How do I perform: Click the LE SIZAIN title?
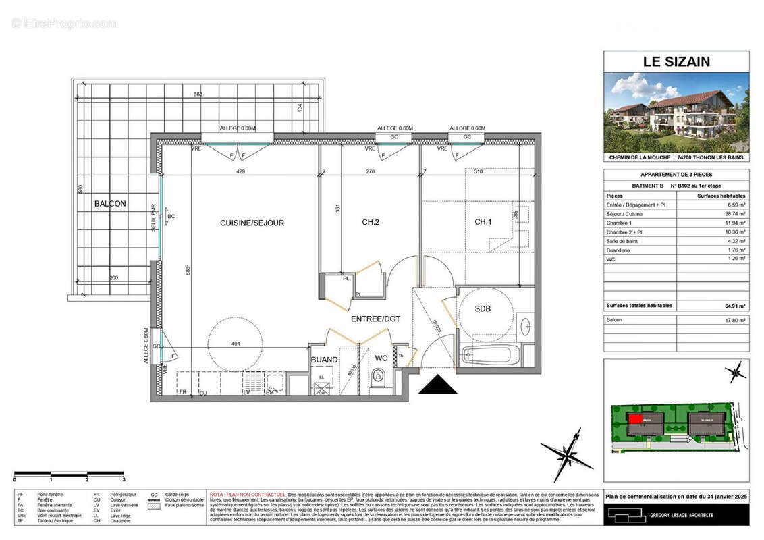click(x=676, y=62)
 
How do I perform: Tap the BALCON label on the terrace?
click(x=110, y=203)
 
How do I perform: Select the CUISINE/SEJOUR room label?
click(x=252, y=223)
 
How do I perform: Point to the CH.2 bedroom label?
click(x=370, y=222)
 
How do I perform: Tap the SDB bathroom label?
click(x=483, y=308)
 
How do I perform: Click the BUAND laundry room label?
click(x=324, y=360)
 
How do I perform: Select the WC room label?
click(x=381, y=358)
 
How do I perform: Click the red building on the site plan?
click(x=635, y=418)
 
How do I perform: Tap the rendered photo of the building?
click(x=676, y=112)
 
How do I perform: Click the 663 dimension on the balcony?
click(x=198, y=94)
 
